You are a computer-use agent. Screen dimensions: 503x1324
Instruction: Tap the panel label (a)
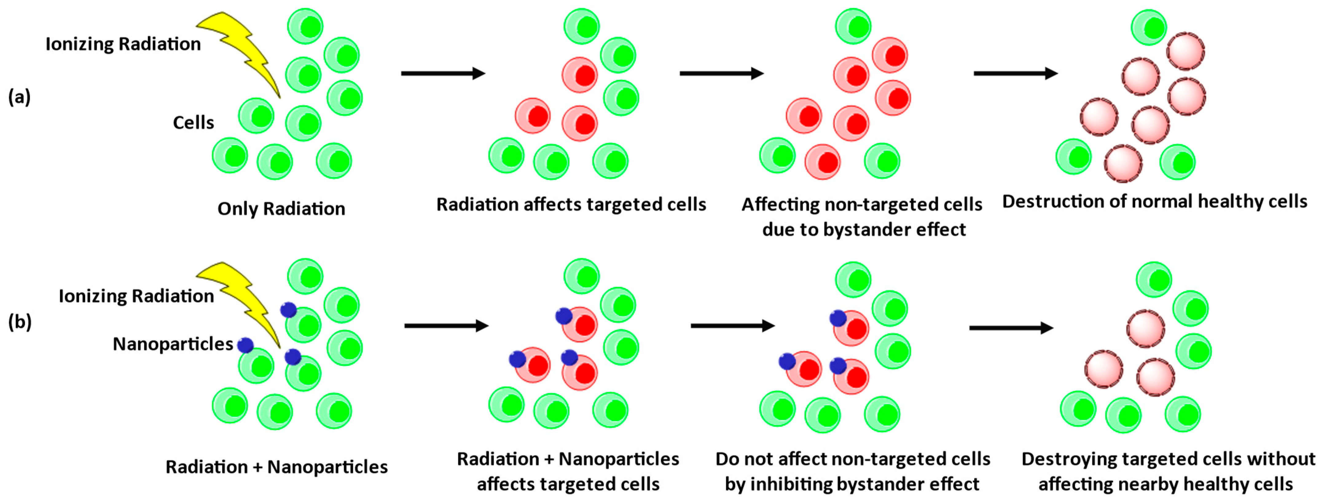pos(20,97)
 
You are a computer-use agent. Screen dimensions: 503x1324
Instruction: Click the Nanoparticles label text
pos(173,344)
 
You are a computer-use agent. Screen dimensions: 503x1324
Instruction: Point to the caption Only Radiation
pos(281,209)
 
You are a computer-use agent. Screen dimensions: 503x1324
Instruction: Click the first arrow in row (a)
pos(443,73)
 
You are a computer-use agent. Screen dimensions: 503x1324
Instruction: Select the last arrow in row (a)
pos(1015,73)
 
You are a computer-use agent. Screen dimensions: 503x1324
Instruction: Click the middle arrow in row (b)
pos(732,326)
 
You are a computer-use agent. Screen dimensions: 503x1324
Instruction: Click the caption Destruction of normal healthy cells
pos(1154,201)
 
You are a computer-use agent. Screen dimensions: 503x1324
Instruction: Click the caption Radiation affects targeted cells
pos(571,205)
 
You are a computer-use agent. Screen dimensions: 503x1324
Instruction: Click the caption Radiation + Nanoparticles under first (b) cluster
pos(276,467)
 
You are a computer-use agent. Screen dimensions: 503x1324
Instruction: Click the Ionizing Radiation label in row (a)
pos(123,44)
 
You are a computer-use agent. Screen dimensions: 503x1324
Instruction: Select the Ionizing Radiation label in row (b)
pos(136,296)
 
